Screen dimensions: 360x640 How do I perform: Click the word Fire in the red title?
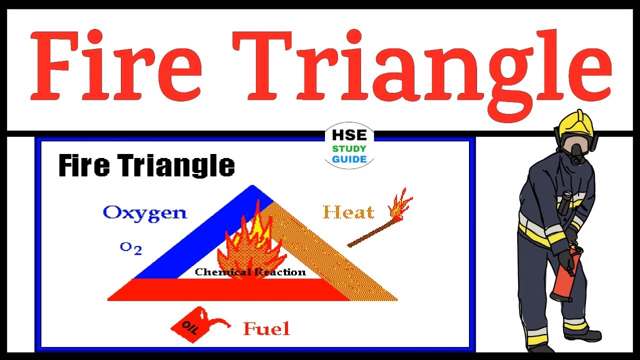[x=116, y=65]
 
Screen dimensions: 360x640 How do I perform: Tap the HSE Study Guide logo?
[x=349, y=145]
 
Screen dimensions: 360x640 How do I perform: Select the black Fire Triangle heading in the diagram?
[x=146, y=165]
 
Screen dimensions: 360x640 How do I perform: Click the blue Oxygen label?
[x=144, y=213]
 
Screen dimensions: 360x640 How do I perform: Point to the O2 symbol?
[x=131, y=248]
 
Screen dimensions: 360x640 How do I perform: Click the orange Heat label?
[x=348, y=213]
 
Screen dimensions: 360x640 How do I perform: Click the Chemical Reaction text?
[x=250, y=272]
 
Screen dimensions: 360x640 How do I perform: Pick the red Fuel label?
[x=266, y=329]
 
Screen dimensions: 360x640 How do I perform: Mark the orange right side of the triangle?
[x=340, y=255]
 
